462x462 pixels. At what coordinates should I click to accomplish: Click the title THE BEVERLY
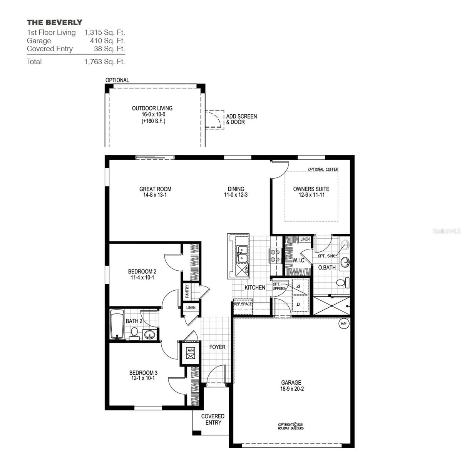pyautogui.click(x=54, y=22)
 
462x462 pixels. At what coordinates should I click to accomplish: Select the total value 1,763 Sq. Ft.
pyautogui.click(x=104, y=62)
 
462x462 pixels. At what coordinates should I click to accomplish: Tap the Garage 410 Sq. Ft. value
pyautogui.click(x=104, y=41)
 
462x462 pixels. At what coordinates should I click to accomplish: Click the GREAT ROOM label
pyautogui.click(x=155, y=189)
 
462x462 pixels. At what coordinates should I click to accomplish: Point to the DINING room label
pyautogui.click(x=236, y=189)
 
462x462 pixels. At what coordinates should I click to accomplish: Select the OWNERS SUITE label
pyautogui.click(x=311, y=189)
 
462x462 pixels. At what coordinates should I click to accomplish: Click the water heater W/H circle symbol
pyautogui.click(x=343, y=324)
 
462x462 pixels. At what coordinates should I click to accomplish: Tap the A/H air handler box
pyautogui.click(x=190, y=353)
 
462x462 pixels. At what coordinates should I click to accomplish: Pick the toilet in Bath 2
pyautogui.click(x=134, y=333)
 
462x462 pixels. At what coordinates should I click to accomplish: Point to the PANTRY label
pyautogui.click(x=187, y=291)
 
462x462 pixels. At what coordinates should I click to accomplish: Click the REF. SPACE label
pyautogui.click(x=243, y=304)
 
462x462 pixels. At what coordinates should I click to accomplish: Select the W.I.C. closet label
pyautogui.click(x=299, y=261)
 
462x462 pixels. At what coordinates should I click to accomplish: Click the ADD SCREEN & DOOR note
pyautogui.click(x=241, y=119)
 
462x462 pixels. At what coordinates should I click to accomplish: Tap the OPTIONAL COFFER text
pyautogui.click(x=323, y=169)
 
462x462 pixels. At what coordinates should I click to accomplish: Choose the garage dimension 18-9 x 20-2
pyautogui.click(x=291, y=389)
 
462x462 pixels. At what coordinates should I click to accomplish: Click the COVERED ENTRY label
pyautogui.click(x=213, y=419)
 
